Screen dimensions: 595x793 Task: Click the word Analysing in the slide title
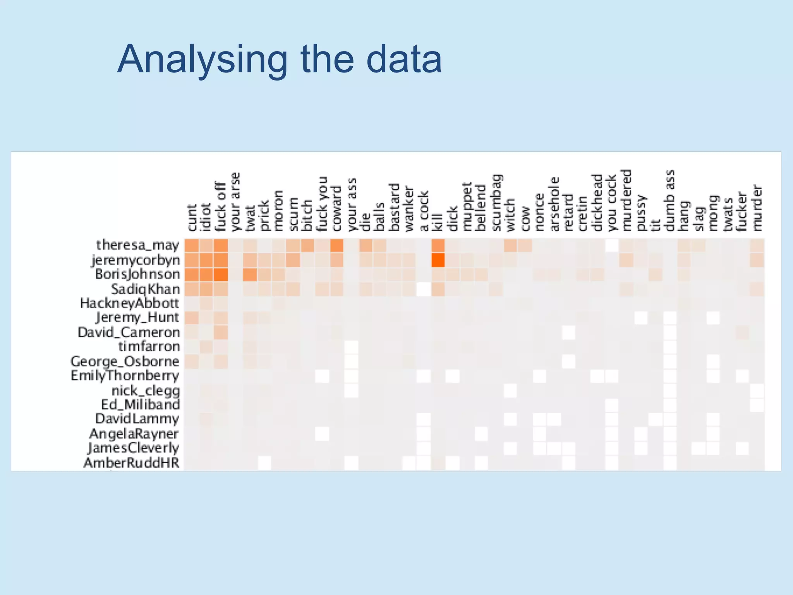[x=203, y=60]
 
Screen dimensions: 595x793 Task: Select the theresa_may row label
[x=138, y=245]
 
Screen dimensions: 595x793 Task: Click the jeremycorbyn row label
[x=136, y=260]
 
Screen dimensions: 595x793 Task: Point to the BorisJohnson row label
[x=138, y=274]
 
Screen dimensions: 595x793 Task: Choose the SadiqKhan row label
[x=146, y=289]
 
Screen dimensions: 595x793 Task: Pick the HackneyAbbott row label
[x=130, y=303]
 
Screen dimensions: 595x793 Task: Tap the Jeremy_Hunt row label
[x=137, y=318]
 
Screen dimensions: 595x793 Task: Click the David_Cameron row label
[x=129, y=332]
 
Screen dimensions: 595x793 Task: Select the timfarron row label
[x=149, y=346]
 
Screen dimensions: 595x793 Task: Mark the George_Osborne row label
[x=125, y=361]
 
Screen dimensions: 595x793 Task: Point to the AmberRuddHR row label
[x=131, y=463]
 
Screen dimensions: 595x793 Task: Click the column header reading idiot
[x=206, y=217]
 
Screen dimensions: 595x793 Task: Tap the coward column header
[x=336, y=209]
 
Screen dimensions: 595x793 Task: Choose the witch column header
[x=510, y=215]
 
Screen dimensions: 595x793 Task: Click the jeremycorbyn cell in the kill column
[x=438, y=260]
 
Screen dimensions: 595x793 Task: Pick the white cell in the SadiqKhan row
[x=424, y=289]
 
